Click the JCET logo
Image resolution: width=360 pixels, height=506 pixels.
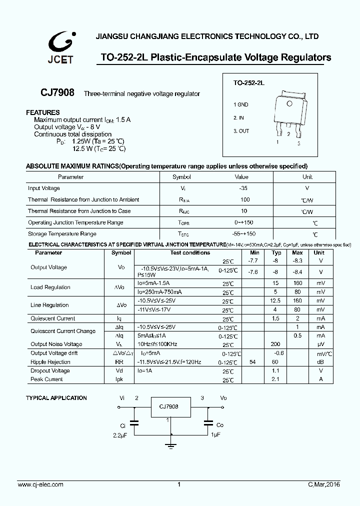tap(60, 46)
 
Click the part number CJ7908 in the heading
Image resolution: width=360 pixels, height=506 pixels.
tap(57, 93)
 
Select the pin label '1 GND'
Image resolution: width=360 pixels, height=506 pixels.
tap(240, 105)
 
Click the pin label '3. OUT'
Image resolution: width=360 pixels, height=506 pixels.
tap(241, 131)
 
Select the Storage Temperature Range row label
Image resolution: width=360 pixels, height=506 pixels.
tap(62, 234)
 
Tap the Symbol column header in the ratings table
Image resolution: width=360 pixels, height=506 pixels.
tap(181, 177)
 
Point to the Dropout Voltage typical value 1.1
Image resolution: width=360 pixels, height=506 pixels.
tap(275, 371)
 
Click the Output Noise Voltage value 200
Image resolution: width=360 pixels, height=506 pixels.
tap(275, 344)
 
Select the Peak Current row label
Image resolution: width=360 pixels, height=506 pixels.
tap(46, 379)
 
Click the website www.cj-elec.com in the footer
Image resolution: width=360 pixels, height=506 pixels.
tap(40, 484)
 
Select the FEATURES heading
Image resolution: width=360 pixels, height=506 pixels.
tap(43, 112)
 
